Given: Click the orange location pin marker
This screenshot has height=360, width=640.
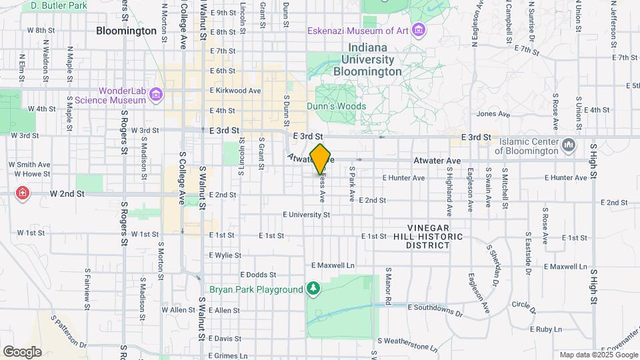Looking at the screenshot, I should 321,159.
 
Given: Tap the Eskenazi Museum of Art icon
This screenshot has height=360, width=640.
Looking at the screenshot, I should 419,30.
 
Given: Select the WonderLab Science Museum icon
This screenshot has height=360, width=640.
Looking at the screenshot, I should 156,95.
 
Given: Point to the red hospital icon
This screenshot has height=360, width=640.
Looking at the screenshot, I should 23,193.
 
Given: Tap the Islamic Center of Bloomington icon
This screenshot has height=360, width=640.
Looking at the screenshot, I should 569,145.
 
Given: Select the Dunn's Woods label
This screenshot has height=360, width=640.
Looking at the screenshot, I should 336,106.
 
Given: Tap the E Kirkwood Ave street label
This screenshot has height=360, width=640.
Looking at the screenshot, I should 235,91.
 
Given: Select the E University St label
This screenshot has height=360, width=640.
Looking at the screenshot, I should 306,215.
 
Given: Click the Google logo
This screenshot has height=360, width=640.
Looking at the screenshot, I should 21,351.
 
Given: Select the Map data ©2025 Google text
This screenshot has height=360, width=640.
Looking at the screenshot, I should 597,355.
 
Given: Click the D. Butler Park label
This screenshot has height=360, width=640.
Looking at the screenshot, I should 59,5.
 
